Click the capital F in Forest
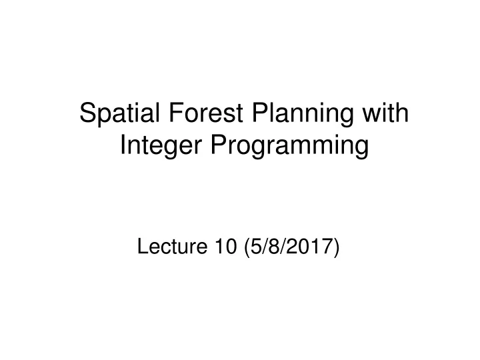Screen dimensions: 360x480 tap(163, 113)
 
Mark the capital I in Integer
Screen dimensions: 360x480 tap(123, 145)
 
